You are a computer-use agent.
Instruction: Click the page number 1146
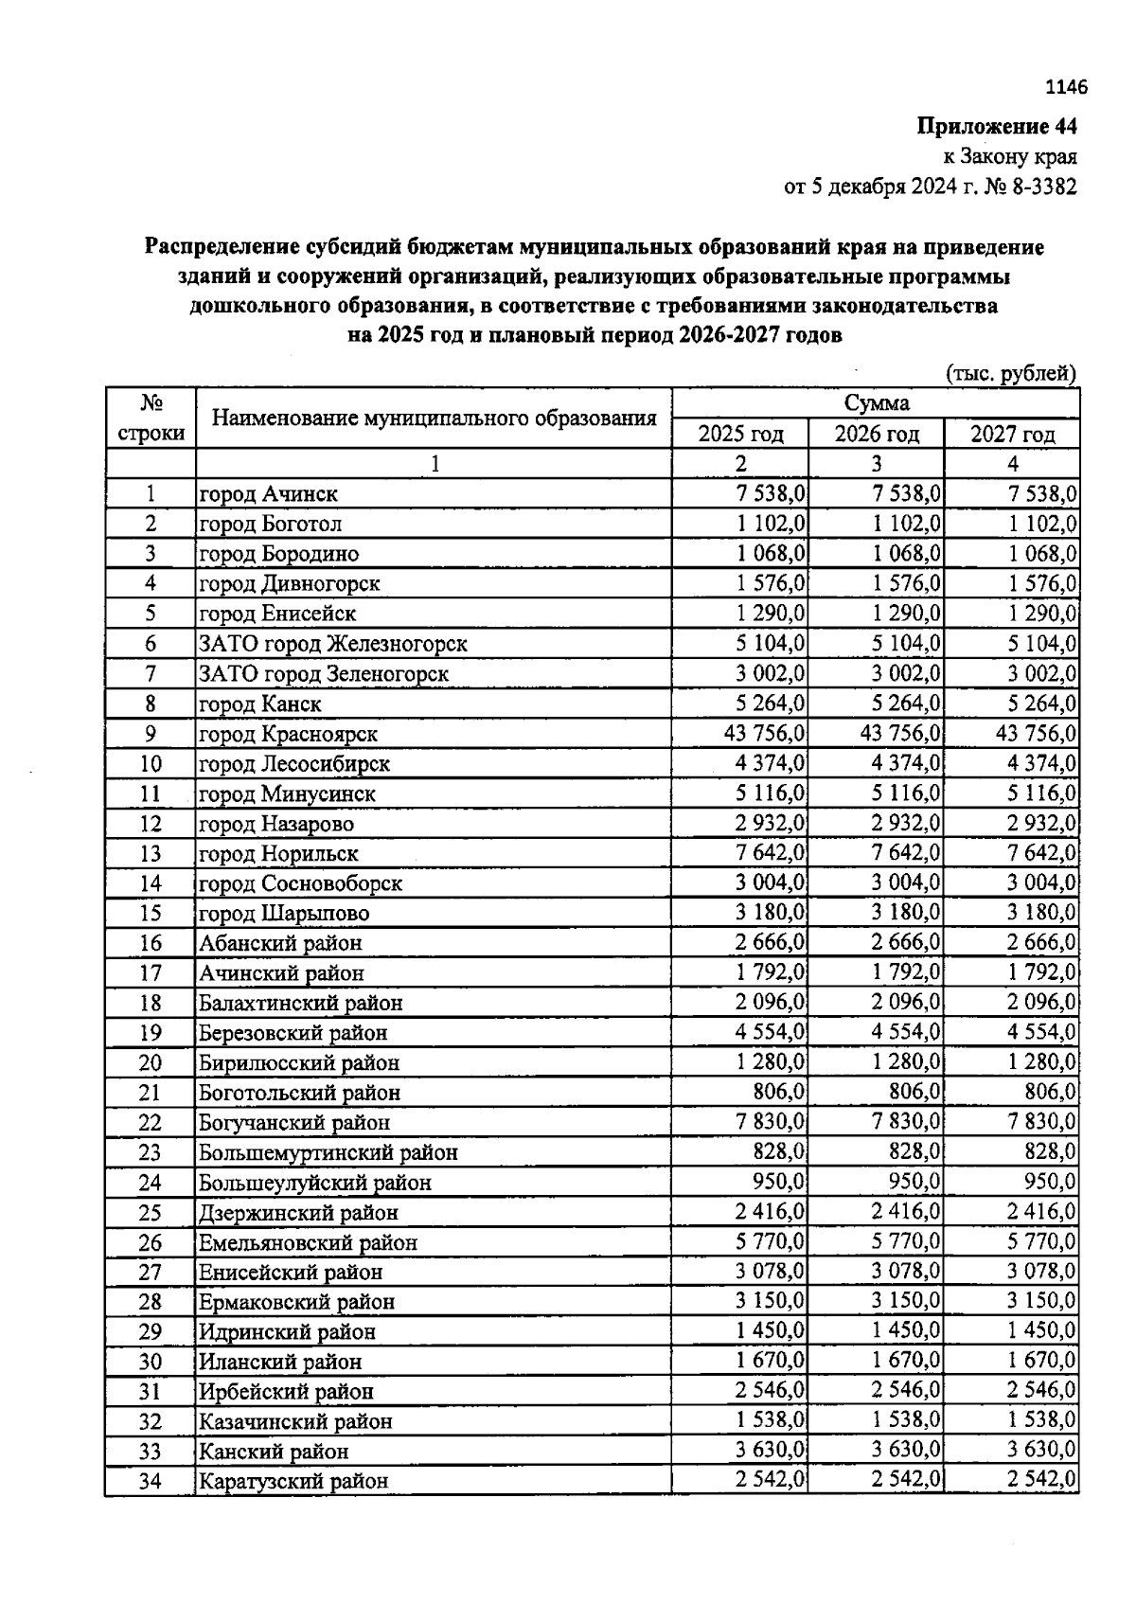pyautogui.click(x=1066, y=87)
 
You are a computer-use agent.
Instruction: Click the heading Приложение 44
pyautogui.click(x=996, y=126)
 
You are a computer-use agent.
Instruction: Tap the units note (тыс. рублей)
pyautogui.click(x=1011, y=373)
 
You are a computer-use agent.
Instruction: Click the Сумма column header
pyautogui.click(x=876, y=403)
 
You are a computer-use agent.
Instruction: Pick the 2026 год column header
pyautogui.click(x=876, y=435)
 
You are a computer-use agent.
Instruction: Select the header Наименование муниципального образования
pyautogui.click(x=434, y=419)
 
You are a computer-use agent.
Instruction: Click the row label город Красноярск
pyautogui.click(x=288, y=734)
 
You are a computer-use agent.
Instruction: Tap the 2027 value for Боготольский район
pyautogui.click(x=1050, y=1092)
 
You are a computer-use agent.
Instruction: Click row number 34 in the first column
pyautogui.click(x=151, y=1481)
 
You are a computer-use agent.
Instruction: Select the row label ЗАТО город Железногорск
pyautogui.click(x=332, y=644)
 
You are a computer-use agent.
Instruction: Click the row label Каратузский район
pyautogui.click(x=293, y=1481)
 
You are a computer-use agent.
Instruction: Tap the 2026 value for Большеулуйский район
pyautogui.click(x=914, y=1182)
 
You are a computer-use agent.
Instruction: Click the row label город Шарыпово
pyautogui.click(x=284, y=914)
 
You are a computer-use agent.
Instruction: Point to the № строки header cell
pyautogui.click(x=151, y=419)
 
